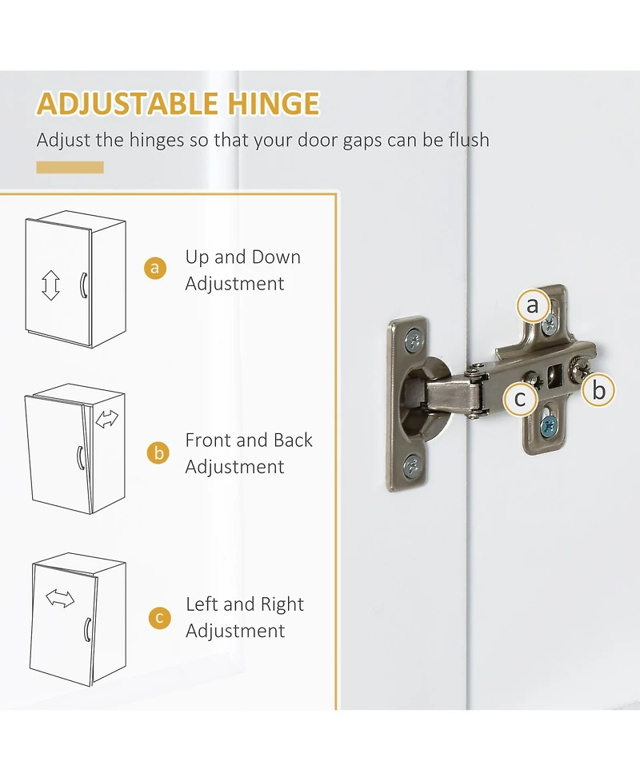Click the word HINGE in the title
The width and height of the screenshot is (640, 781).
(x=273, y=104)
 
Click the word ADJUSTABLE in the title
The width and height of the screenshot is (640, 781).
(x=128, y=104)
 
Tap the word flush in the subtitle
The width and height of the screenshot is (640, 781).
(x=469, y=140)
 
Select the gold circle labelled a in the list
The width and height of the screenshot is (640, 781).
(x=155, y=268)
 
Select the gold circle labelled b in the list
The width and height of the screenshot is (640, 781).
(x=158, y=453)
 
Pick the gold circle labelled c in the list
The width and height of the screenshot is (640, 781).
(x=159, y=618)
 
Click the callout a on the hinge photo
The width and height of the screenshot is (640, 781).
(x=532, y=305)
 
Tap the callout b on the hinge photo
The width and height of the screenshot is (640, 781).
(x=598, y=390)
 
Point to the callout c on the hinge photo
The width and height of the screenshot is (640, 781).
(x=520, y=398)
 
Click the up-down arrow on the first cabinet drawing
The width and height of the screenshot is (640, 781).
(x=50, y=285)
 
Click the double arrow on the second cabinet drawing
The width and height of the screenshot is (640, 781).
(x=107, y=419)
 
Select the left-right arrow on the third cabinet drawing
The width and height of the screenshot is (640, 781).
(x=60, y=598)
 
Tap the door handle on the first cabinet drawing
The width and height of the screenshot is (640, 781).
(x=83, y=285)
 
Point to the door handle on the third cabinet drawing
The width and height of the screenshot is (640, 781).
(x=87, y=630)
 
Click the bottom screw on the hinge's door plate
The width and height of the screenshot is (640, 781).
(x=413, y=467)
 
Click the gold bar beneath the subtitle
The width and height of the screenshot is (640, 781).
(x=70, y=167)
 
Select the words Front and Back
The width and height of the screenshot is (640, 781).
(x=249, y=440)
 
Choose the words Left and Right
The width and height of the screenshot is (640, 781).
(x=245, y=604)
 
